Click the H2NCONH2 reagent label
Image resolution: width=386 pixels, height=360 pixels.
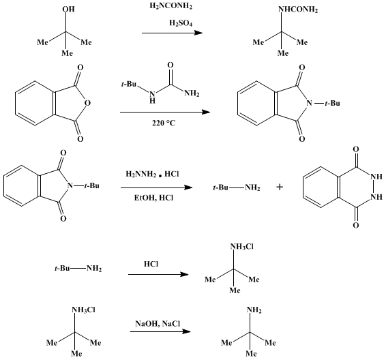pyautogui.click(x=171, y=6)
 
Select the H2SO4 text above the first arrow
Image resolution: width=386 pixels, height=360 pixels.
pyautogui.click(x=181, y=23)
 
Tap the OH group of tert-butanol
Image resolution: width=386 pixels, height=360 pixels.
pyautogui.click(x=68, y=9)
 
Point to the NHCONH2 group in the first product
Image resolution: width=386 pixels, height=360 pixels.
pyautogui.click(x=298, y=10)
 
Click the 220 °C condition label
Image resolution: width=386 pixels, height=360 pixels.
pyautogui.click(x=164, y=123)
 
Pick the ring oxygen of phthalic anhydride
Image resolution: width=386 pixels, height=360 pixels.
pyautogui.click(x=87, y=102)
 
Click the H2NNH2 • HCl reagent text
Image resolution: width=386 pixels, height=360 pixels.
pyautogui.click(x=152, y=175)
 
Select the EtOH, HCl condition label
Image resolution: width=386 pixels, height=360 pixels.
pyautogui.click(x=153, y=198)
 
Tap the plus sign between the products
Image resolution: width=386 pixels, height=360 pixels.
pyautogui.click(x=280, y=187)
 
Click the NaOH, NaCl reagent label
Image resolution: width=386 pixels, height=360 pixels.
pyautogui.click(x=158, y=323)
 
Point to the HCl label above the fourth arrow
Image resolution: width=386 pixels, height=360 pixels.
pyautogui.click(x=151, y=264)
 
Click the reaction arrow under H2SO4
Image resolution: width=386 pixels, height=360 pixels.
pyautogui.click(x=172, y=33)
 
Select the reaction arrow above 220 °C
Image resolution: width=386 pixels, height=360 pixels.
pyautogui.click(x=165, y=112)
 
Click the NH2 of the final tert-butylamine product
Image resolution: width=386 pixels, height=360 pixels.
pyautogui.click(x=254, y=310)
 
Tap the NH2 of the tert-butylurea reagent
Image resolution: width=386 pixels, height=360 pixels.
pyautogui.click(x=192, y=93)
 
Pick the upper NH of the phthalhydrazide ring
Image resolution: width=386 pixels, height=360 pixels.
pyautogui.click(x=376, y=177)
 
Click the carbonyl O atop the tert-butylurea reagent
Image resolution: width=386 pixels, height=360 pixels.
pyautogui.click(x=170, y=65)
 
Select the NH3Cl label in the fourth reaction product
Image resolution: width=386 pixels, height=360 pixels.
pyautogui.click(x=241, y=247)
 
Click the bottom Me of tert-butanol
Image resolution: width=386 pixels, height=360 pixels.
pyautogui.click(x=68, y=53)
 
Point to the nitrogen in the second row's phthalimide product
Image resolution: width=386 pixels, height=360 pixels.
pyautogui.click(x=309, y=103)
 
